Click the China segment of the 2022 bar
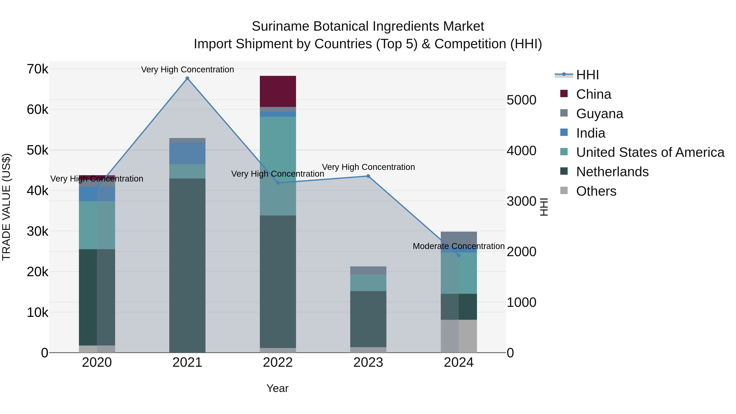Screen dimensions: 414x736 pos(278,91)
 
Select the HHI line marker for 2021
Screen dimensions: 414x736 pos(187,78)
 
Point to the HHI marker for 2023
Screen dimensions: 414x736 pos(368,176)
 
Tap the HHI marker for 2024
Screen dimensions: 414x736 pos(459,255)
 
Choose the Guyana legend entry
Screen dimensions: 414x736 pos(599,114)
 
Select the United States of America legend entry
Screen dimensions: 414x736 pos(650,152)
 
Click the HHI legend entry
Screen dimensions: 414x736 pos(587,75)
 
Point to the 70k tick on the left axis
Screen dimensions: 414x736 pos(37,69)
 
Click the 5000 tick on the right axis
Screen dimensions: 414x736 pos(521,100)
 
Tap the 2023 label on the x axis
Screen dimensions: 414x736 pos(368,362)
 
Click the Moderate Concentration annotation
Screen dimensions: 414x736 pos(459,246)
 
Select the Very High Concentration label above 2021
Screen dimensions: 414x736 pos(187,70)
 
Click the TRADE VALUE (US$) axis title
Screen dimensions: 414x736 pos(6,207)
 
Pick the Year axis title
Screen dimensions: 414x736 pos(277,388)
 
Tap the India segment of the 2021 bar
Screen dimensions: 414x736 pos(187,153)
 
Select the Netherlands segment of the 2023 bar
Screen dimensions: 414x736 pos(368,319)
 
